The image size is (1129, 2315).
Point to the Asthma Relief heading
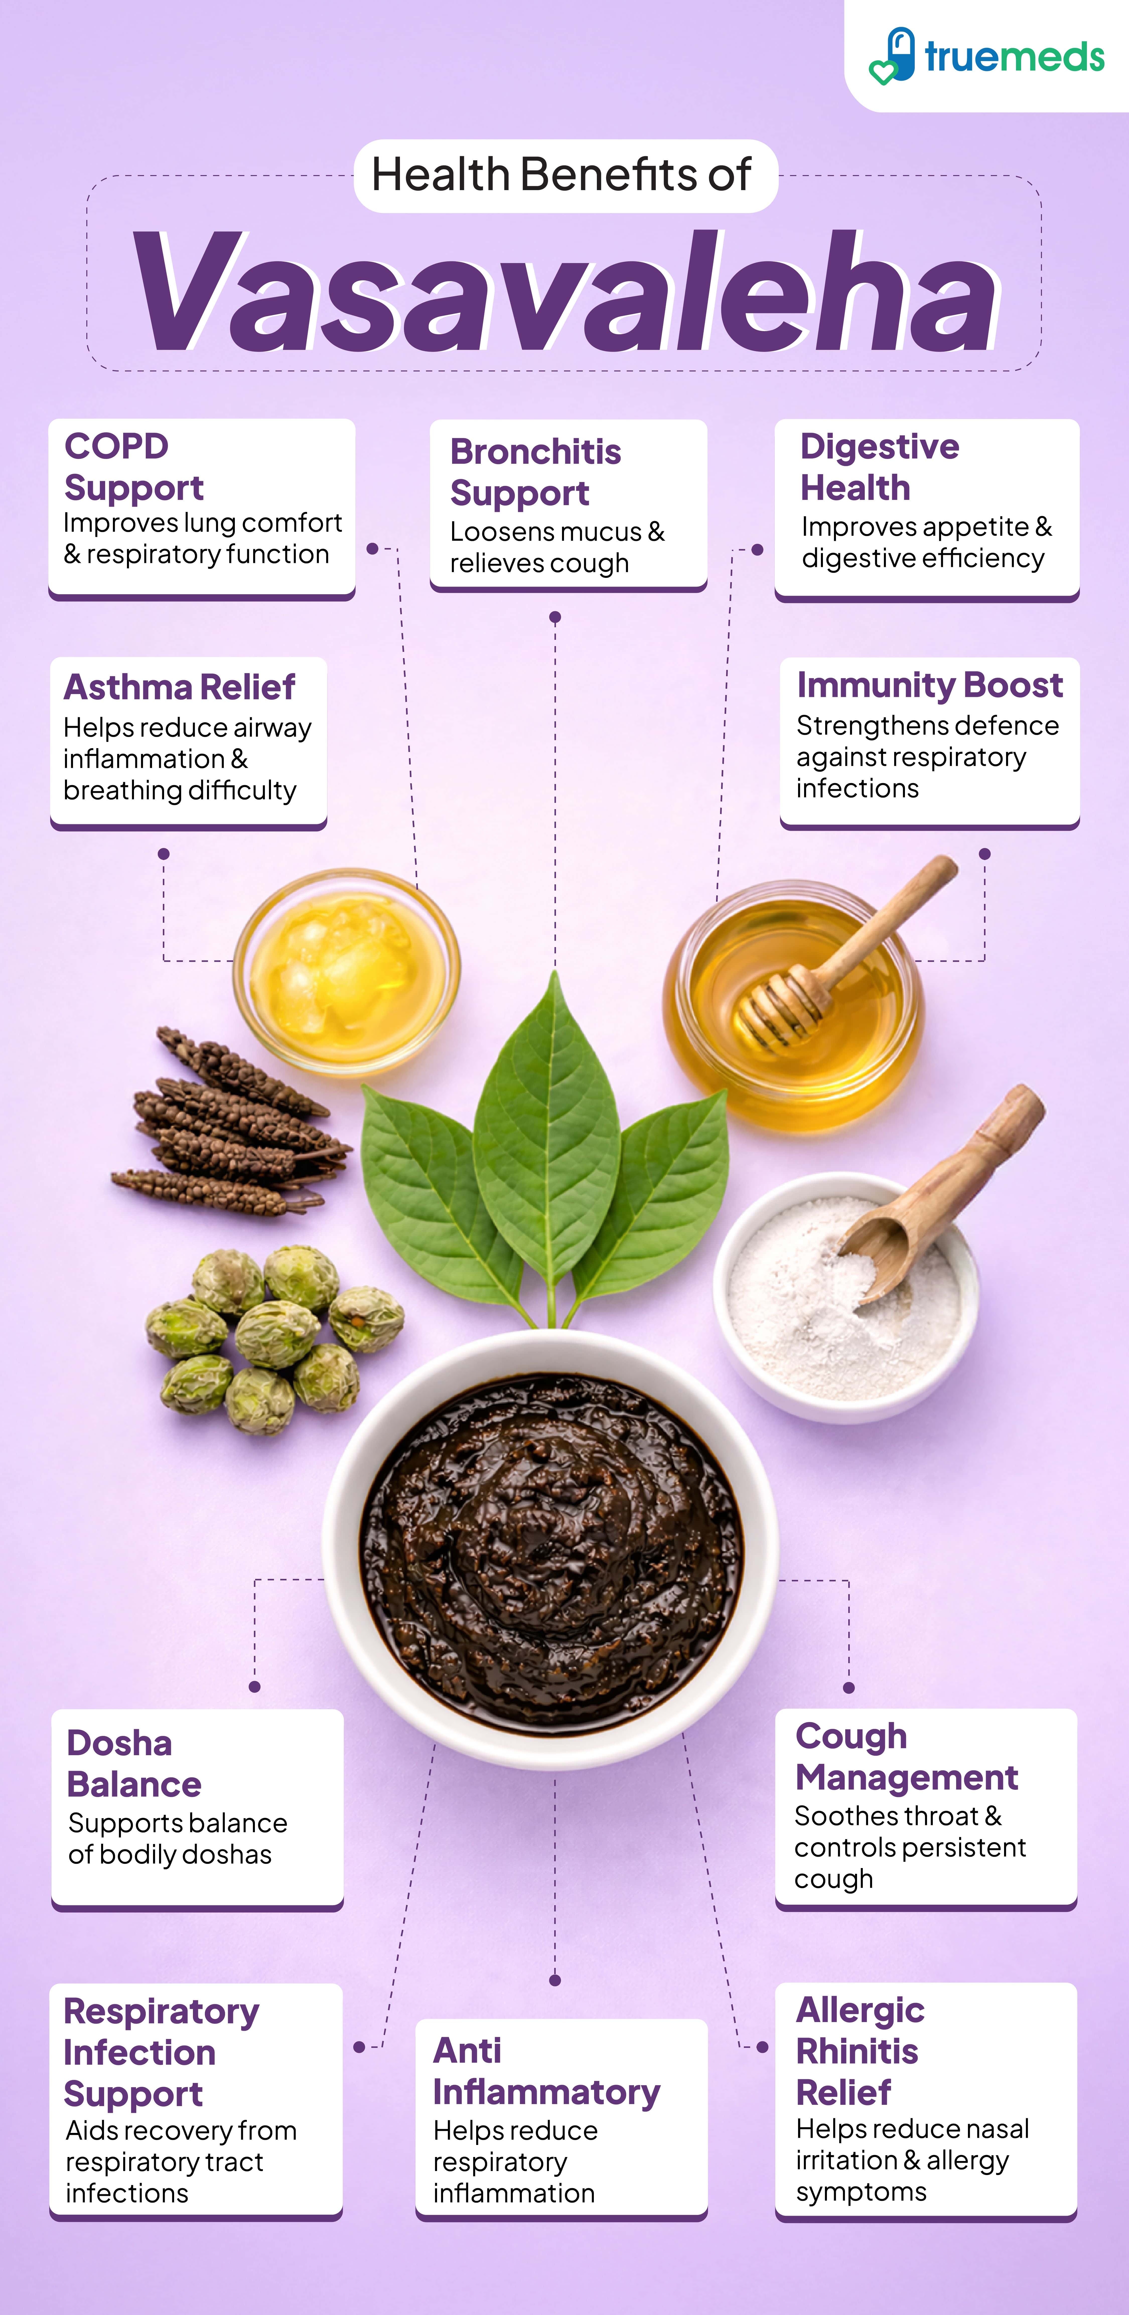[x=179, y=687]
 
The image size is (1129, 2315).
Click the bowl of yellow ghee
[x=346, y=971]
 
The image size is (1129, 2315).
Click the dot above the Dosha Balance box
[x=254, y=1687]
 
